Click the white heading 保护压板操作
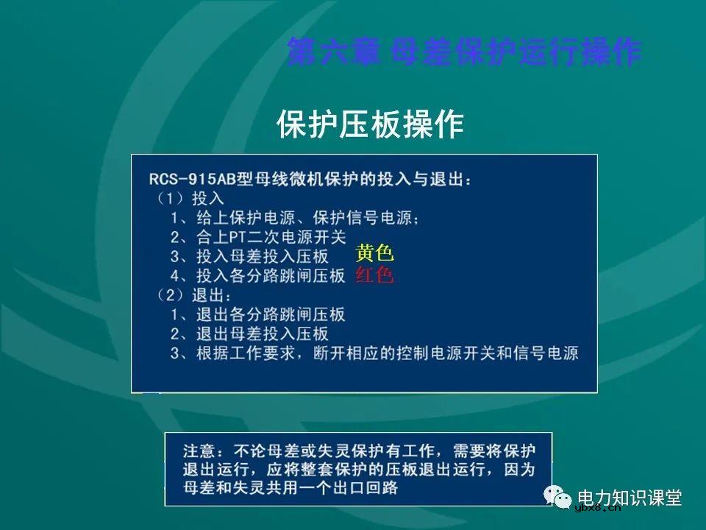[370, 124]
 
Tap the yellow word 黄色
[375, 254]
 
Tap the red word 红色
[375, 276]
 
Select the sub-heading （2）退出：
[193, 295]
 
